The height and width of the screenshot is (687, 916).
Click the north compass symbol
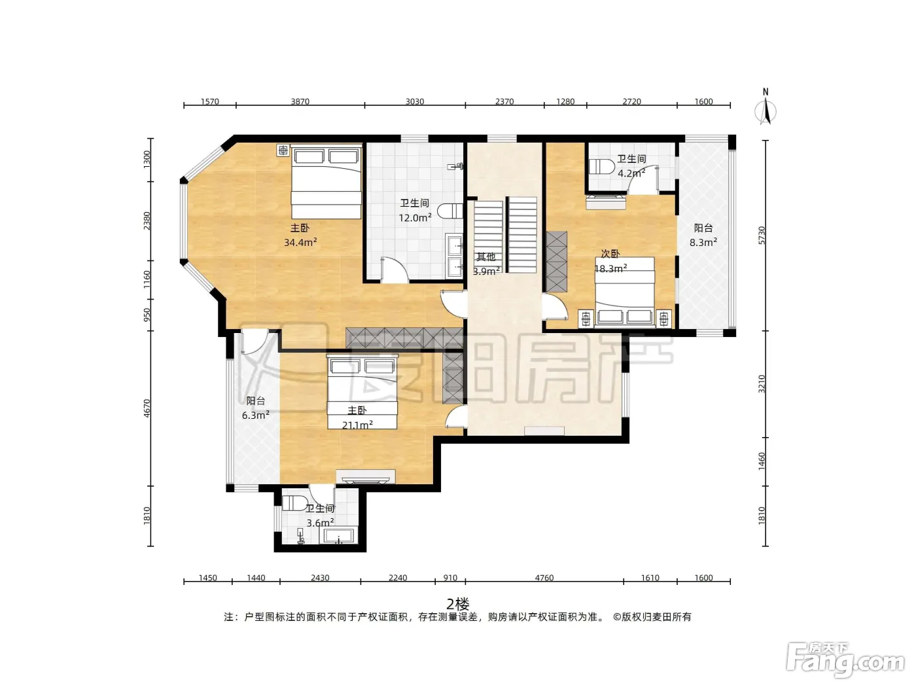click(x=766, y=107)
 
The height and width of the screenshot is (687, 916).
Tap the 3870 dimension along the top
click(x=300, y=101)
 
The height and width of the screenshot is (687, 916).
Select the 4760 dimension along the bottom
click(x=544, y=578)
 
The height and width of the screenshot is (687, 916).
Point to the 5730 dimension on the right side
click(x=762, y=236)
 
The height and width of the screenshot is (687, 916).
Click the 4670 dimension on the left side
click(x=147, y=408)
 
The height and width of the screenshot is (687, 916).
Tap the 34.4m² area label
click(x=300, y=242)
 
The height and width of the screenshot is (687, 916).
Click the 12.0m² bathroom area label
click(x=415, y=217)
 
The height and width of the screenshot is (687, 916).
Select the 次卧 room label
click(x=610, y=254)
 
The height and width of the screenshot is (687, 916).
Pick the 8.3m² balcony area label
click(x=703, y=242)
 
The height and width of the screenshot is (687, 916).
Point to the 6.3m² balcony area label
click(x=255, y=415)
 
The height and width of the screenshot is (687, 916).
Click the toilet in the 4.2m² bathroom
click(x=601, y=166)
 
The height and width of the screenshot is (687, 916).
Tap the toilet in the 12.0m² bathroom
click(x=453, y=211)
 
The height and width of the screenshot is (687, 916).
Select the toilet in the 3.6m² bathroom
click(x=294, y=503)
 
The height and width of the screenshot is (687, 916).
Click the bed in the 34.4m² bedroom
click(x=326, y=182)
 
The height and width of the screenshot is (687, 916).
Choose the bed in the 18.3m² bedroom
click(x=625, y=291)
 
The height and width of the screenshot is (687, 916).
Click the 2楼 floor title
click(x=458, y=603)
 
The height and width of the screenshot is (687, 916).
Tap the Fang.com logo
click(x=845, y=660)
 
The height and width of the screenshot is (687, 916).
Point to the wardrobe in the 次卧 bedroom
click(x=557, y=262)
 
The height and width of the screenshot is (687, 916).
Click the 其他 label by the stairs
click(x=486, y=256)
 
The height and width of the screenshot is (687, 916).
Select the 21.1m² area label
click(x=358, y=425)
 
